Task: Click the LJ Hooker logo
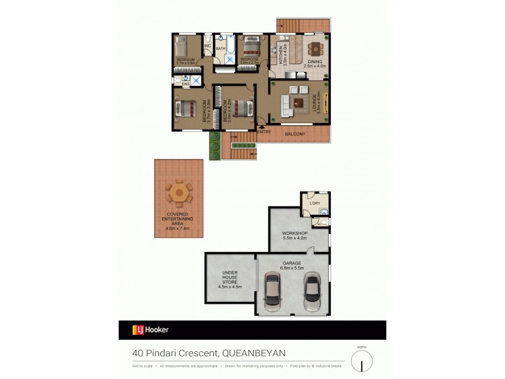[150, 330]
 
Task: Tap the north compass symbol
[362, 361]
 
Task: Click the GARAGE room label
[292, 263]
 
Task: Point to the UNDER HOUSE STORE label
[230, 278]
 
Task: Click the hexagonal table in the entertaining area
[179, 192]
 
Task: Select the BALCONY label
[295, 134]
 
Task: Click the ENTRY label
[264, 132]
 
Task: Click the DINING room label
[314, 62]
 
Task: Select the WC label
[207, 46]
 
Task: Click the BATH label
[220, 48]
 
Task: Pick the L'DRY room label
[315, 203]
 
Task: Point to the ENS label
[186, 84]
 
